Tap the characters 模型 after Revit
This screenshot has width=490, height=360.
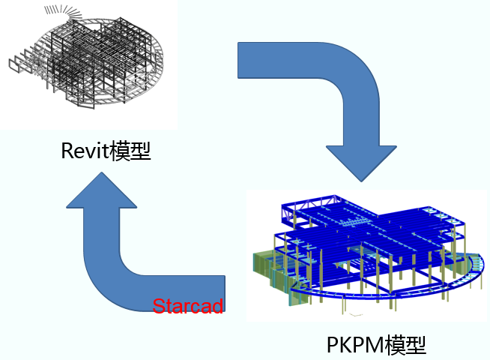130,152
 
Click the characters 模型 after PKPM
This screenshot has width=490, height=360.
405,344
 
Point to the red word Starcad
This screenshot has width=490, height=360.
187,306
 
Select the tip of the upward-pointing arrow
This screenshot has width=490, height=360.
101,174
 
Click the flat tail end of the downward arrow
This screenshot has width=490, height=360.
241,61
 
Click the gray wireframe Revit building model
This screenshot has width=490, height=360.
97,67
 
